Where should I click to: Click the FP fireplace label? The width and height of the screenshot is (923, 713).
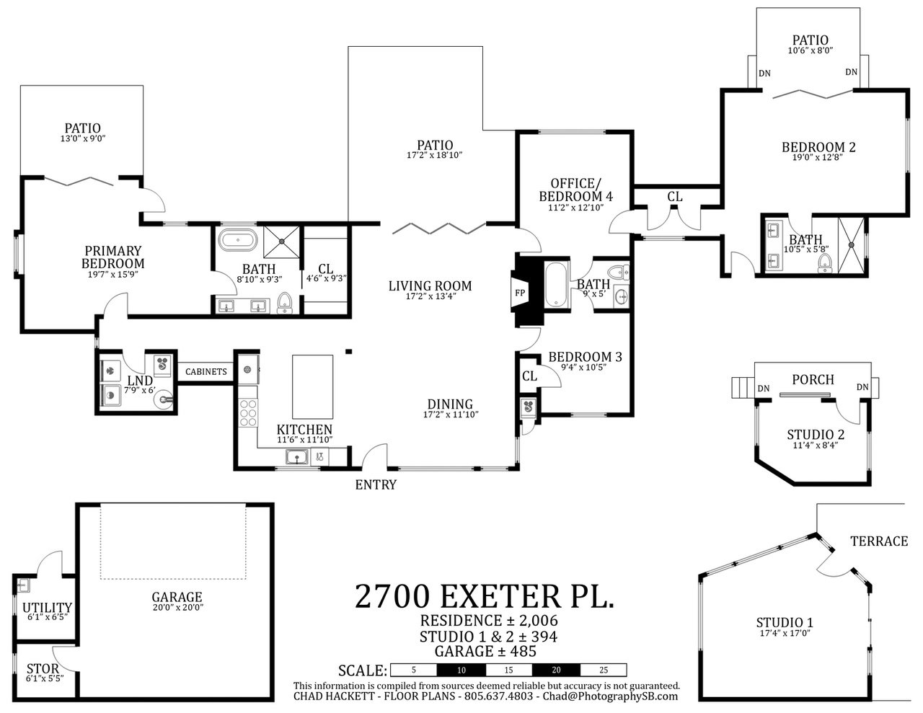(520, 293)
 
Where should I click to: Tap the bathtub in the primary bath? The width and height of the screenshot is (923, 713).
(238, 241)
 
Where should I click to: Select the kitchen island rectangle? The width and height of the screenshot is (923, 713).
(313, 387)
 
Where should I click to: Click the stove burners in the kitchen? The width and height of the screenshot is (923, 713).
(248, 412)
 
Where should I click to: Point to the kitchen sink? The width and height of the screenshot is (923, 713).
(297, 458)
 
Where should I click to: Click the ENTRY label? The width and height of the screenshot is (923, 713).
(376, 484)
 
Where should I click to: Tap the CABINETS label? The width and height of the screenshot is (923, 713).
(206, 371)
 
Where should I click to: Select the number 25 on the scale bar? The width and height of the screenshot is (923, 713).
(604, 670)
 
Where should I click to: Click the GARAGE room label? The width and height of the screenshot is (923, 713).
(177, 597)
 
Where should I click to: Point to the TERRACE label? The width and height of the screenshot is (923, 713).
(879, 541)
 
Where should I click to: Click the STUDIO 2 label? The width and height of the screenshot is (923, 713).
(816, 435)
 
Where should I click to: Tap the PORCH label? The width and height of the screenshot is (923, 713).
(813, 380)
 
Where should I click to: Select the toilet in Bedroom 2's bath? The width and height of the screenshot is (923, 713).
(824, 263)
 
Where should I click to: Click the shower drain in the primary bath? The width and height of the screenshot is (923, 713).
(282, 242)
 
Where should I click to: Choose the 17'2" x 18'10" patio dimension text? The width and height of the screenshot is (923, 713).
(435, 156)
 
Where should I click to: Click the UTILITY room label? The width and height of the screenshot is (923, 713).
(47, 608)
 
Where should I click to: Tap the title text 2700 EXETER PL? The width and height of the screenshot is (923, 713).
(485, 596)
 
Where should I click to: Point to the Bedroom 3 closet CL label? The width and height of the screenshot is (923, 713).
(530, 376)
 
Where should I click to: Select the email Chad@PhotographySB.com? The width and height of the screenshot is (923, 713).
(610, 696)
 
